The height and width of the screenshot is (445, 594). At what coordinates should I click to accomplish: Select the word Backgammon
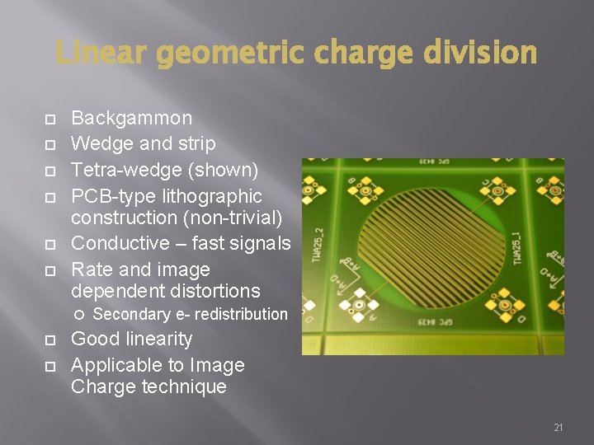[x=131, y=118]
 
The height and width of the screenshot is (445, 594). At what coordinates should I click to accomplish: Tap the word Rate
[x=90, y=269]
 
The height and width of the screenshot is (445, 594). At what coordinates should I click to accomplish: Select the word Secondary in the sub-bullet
[x=130, y=314]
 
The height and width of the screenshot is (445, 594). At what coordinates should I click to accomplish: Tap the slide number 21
[x=559, y=428]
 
